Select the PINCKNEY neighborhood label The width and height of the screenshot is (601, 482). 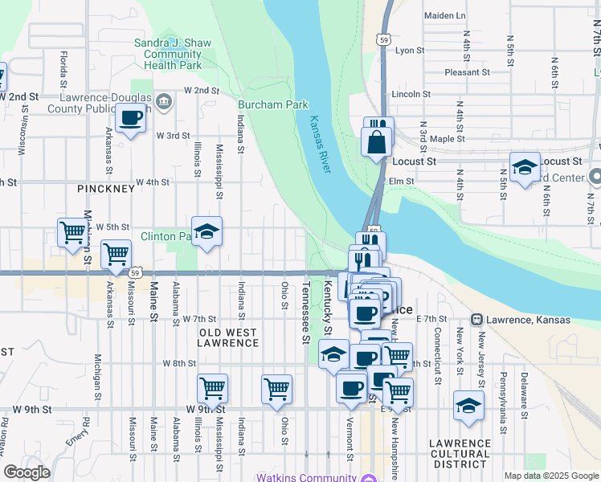pos(105,188)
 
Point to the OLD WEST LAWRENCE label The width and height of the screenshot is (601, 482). pos(228,337)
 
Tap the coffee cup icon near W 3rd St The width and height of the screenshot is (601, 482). pos(131,119)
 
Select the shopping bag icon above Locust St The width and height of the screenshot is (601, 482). pos(377,143)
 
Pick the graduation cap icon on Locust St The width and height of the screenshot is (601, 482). pos(524,167)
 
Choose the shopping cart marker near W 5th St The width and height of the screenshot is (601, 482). pos(72,232)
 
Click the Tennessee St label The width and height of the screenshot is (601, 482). pos(306,312)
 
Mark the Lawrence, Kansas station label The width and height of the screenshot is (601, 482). pos(526,321)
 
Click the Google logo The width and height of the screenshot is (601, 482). pos(27,472)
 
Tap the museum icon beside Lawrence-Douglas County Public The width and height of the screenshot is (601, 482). pos(164,101)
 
